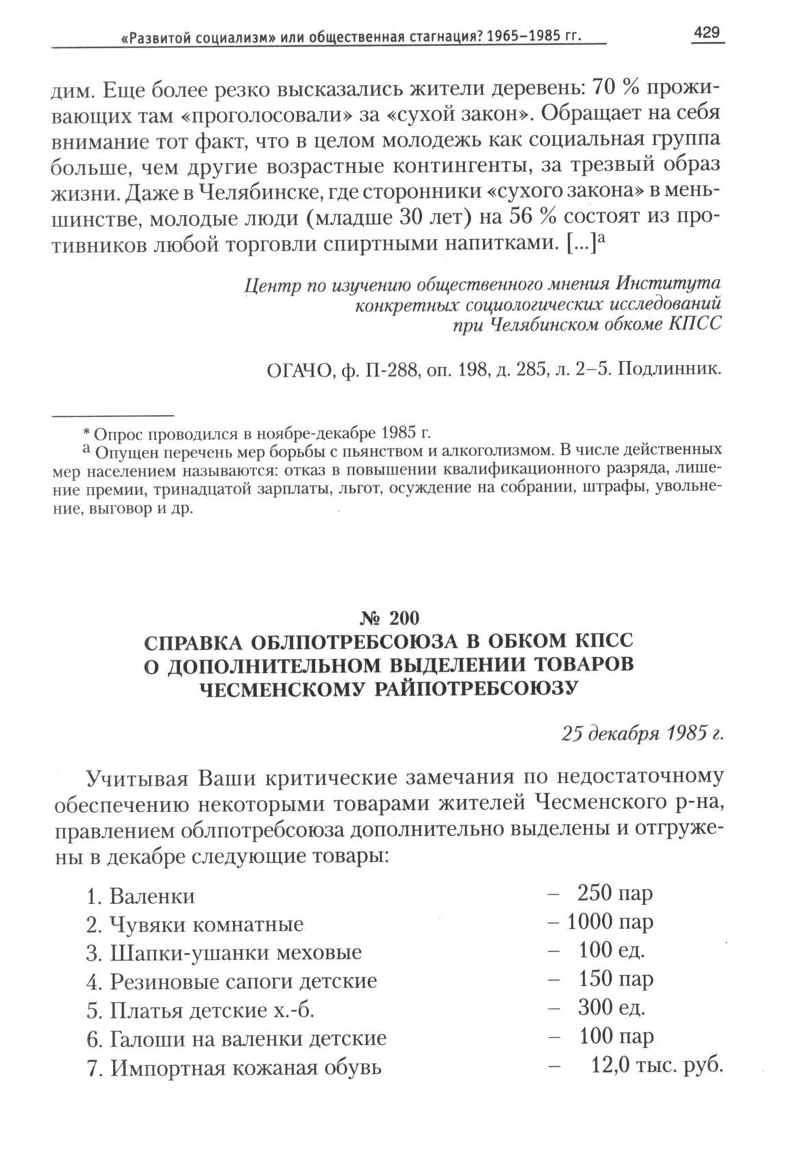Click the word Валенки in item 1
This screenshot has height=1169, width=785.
click(152, 896)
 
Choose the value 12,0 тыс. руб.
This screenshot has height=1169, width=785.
click(656, 1066)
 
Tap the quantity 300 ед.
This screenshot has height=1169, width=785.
click(612, 1008)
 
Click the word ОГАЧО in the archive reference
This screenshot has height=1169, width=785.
click(297, 370)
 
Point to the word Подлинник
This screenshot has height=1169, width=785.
click(670, 370)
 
